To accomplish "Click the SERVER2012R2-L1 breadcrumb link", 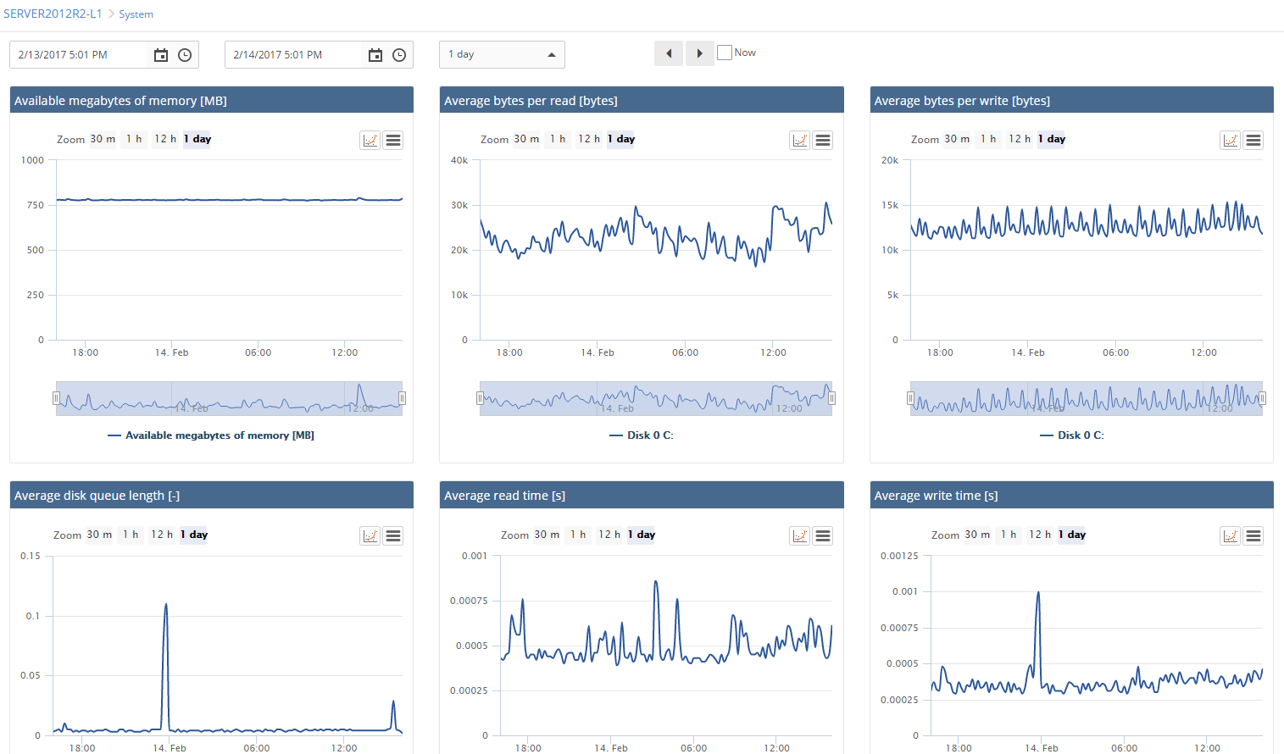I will point(53,14).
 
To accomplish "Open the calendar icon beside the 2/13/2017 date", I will point(161,55).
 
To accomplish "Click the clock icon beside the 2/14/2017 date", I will point(399,55).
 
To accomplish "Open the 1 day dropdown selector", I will point(502,55).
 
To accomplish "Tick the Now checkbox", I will point(725,53).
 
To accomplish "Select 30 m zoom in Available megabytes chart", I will point(103,139).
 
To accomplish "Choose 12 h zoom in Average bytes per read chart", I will point(589,139).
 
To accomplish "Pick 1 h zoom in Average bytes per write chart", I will point(988,139).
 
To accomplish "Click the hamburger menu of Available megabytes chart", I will point(393,141).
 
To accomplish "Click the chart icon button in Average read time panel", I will point(800,536).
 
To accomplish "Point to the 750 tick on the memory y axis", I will point(35,205).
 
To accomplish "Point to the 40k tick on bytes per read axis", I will point(459,160).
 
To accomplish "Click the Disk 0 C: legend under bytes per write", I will point(1072,435).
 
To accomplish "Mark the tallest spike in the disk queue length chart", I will point(166,605).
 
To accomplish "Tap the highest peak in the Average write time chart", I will point(1038,593).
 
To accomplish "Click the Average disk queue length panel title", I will point(97,496).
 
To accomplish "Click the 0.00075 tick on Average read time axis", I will point(469,601).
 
